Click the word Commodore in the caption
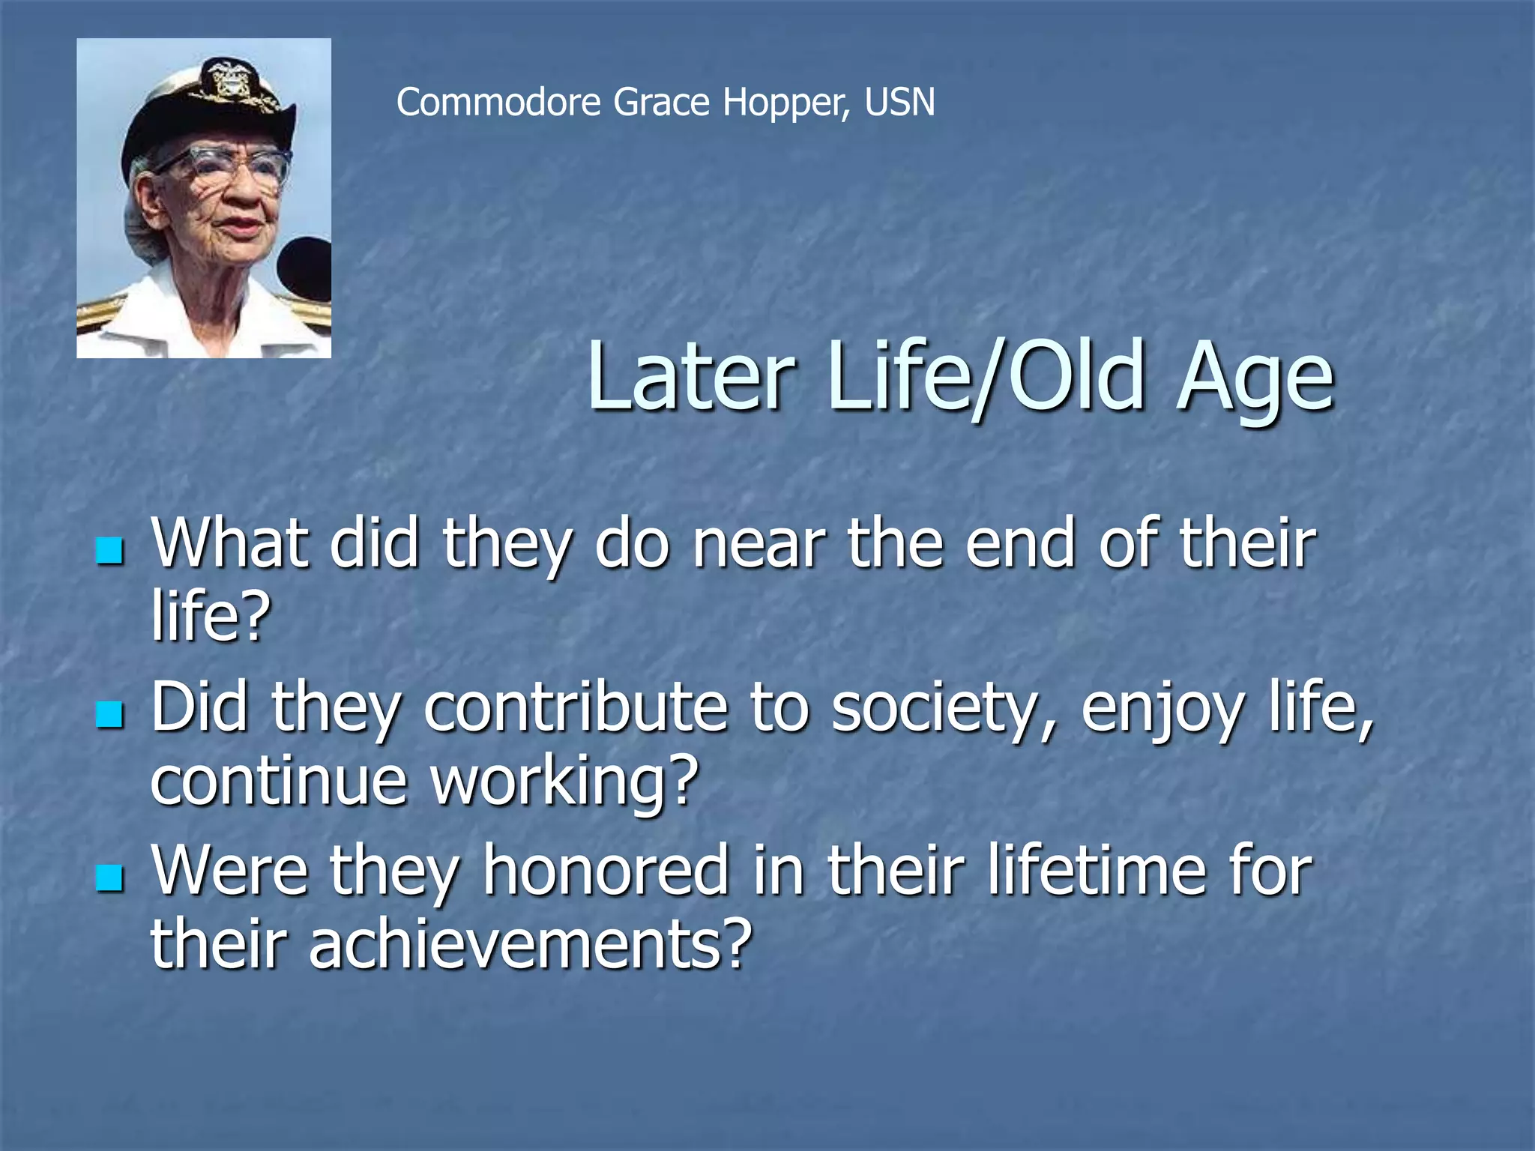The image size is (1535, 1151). (x=498, y=102)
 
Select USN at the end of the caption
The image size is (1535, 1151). (x=899, y=102)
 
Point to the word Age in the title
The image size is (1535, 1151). (x=1255, y=378)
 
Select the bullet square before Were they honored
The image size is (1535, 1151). (x=109, y=877)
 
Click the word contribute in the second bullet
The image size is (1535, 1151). (x=576, y=708)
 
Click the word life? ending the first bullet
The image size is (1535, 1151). (x=211, y=617)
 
